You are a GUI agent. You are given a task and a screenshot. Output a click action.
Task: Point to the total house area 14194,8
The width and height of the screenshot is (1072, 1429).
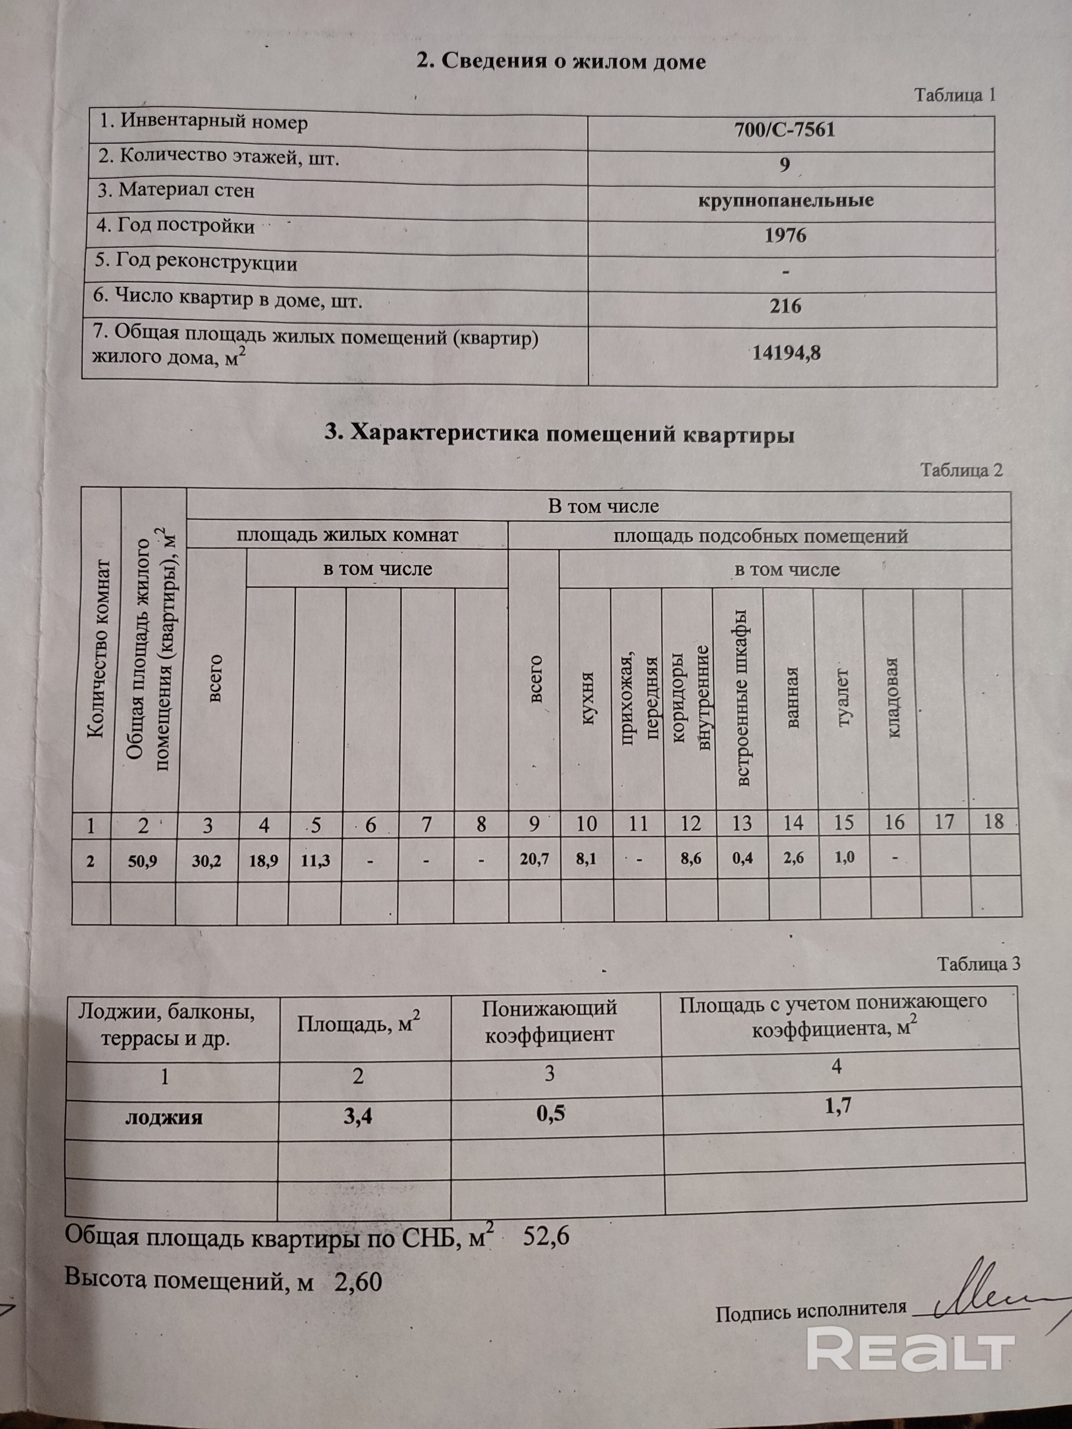click(x=786, y=353)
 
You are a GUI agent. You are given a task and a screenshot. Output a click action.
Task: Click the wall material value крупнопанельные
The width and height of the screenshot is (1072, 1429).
click(x=786, y=200)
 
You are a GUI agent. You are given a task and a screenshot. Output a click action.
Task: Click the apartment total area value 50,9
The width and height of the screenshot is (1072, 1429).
click(x=143, y=861)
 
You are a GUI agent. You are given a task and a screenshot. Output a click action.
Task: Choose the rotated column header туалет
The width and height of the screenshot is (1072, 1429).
click(x=842, y=698)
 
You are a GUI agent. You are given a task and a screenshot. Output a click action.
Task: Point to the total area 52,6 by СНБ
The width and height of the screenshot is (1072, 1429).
click(x=546, y=1236)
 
